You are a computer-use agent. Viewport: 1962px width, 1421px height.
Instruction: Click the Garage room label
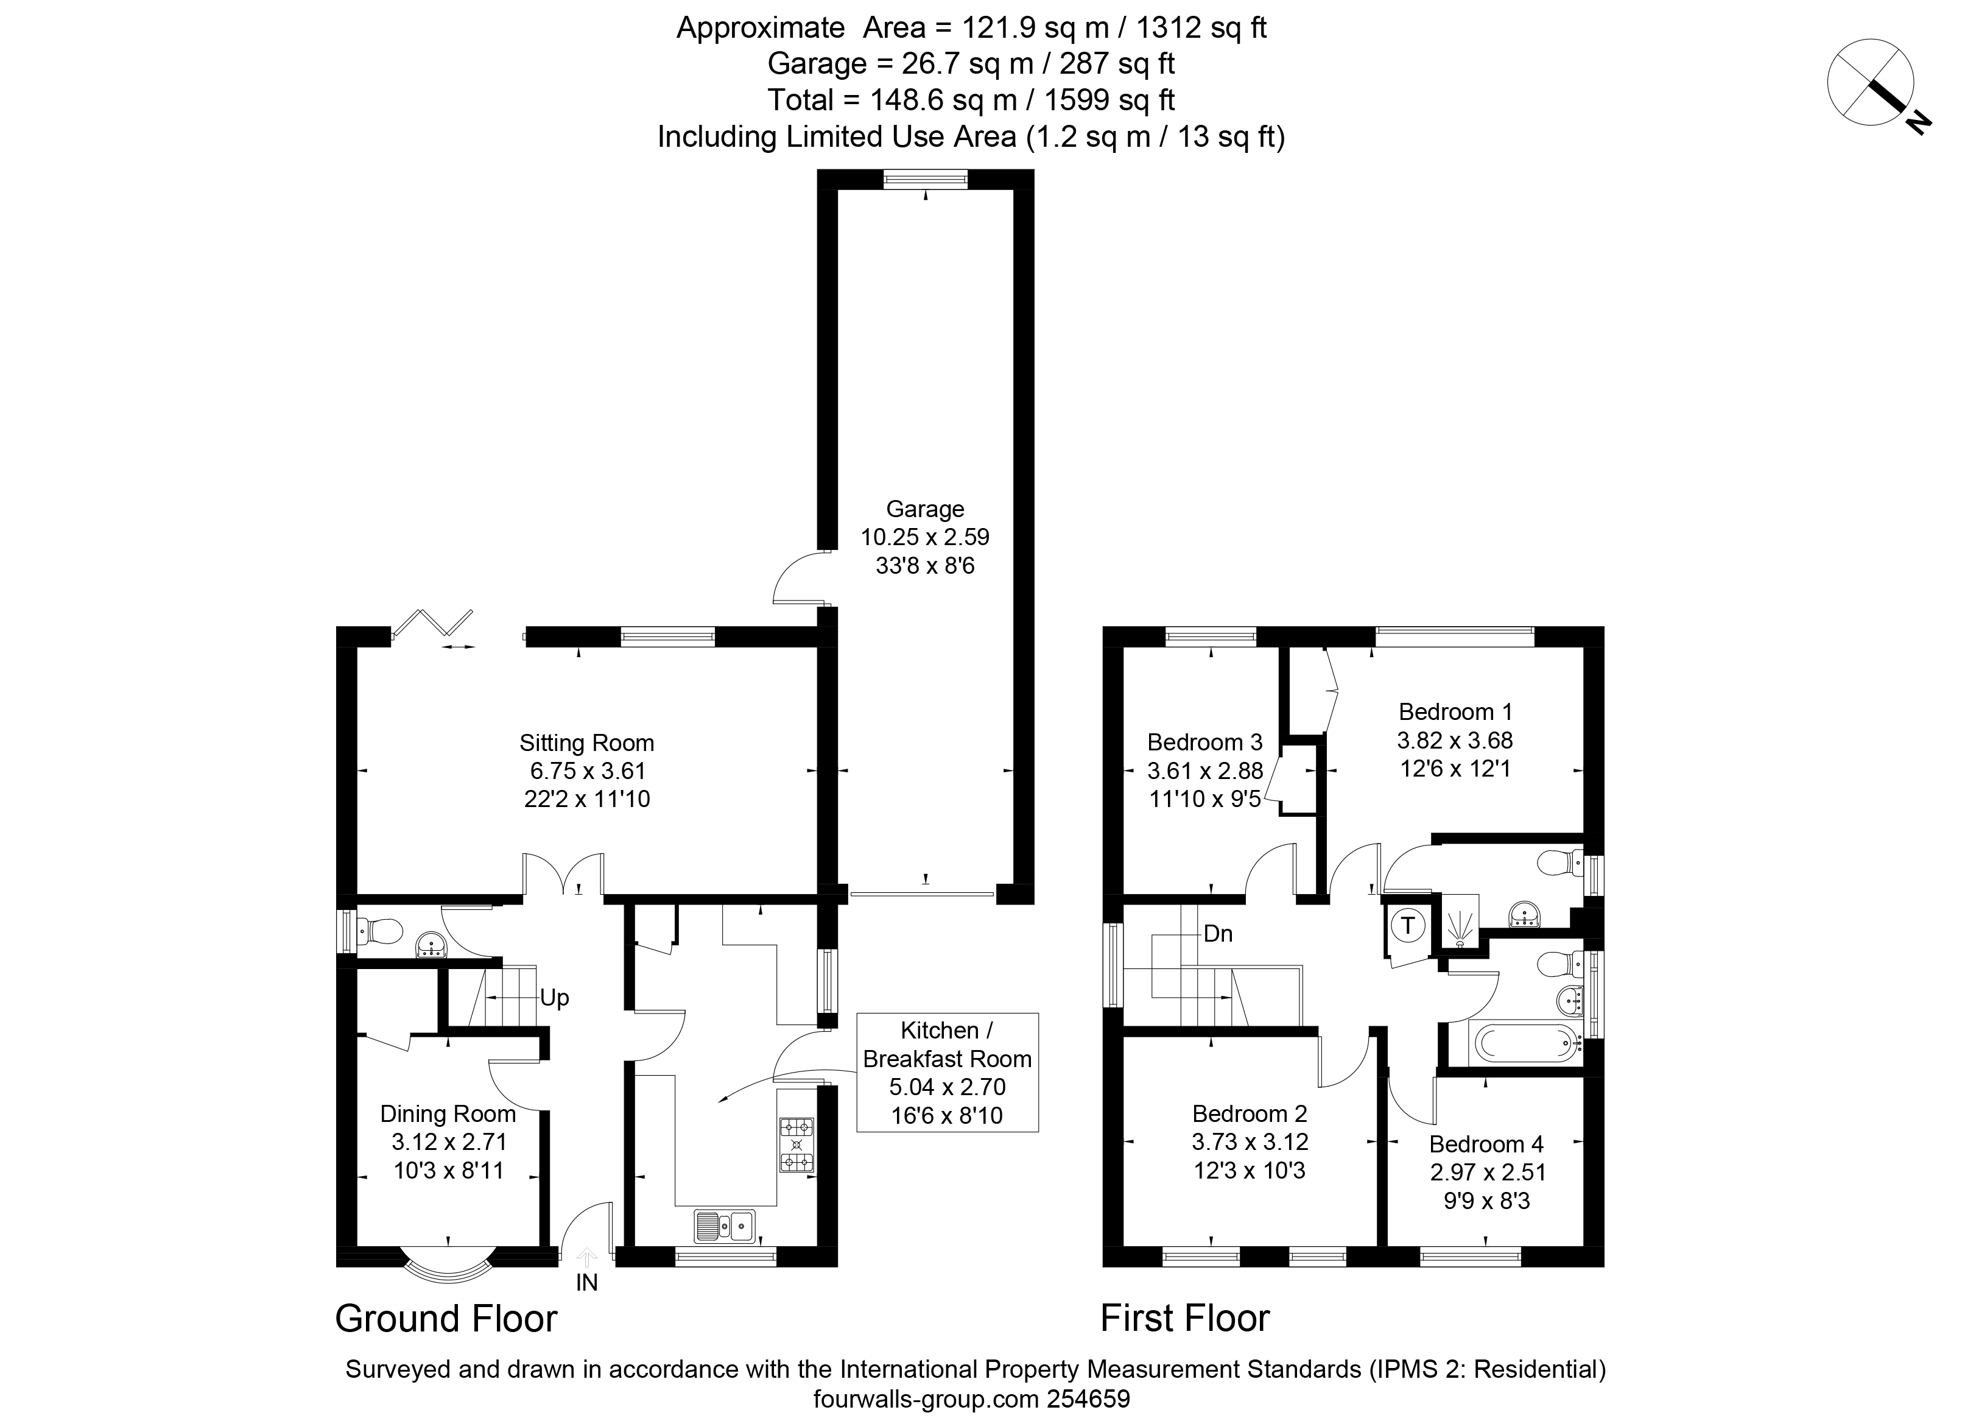coord(925,509)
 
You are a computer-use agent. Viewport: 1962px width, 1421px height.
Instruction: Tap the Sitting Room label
coord(586,742)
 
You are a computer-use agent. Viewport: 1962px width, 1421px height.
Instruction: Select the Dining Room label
coord(448,1114)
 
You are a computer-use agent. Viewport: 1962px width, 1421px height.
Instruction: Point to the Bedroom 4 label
coord(1486,1144)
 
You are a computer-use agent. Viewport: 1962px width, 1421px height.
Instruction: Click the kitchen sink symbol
coord(725,1225)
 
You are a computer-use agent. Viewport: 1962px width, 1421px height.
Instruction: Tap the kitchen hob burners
coord(796,1145)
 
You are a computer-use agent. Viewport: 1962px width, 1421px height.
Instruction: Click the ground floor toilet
coord(380,931)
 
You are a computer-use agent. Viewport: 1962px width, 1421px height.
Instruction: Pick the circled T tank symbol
coord(1407,925)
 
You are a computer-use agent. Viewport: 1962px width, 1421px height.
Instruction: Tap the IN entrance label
coord(586,1283)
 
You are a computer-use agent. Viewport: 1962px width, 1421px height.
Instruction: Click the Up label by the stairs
coord(555,998)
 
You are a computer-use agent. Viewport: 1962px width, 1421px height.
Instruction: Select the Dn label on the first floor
coord(1218,934)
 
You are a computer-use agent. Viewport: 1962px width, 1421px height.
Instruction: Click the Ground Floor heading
coord(446,1318)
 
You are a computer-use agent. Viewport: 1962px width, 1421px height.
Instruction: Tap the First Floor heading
coord(1185,1318)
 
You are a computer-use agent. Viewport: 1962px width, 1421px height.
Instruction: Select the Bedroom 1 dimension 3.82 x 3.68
coord(1455,740)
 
